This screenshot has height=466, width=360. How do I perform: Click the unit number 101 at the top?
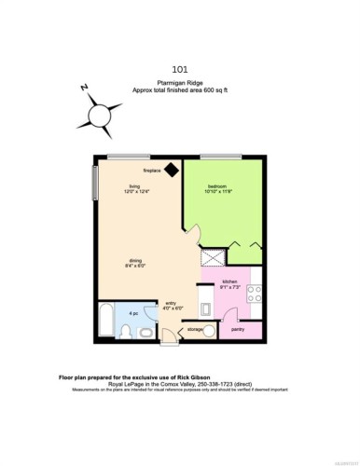(x=179, y=68)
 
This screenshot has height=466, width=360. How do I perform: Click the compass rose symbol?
(x=100, y=115)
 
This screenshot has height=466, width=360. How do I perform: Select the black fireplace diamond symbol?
(x=172, y=171)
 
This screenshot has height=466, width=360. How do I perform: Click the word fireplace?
(x=152, y=171)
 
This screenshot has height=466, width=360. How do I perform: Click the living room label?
(x=135, y=187)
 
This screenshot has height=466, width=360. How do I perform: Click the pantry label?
(x=238, y=328)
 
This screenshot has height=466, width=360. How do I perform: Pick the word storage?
(x=194, y=329)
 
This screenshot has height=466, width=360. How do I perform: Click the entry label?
(x=172, y=302)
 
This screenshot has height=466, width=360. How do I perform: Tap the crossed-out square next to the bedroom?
(x=212, y=256)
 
